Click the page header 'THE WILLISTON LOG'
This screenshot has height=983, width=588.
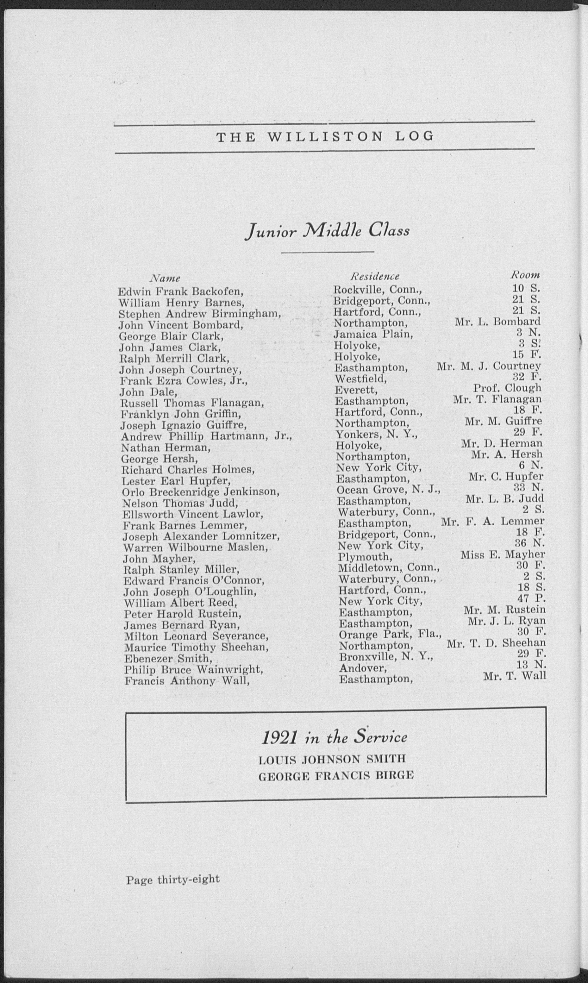[x=325, y=137]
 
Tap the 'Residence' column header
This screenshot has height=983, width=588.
[x=375, y=276]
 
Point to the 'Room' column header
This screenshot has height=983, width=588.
[x=525, y=275]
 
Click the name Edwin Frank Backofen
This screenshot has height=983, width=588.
[x=180, y=292]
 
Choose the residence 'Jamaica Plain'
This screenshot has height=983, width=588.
[x=373, y=335]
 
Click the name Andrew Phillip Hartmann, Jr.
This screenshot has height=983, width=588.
[x=206, y=437]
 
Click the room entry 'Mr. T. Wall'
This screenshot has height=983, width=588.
[x=514, y=676]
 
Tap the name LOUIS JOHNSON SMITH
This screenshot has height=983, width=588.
[x=332, y=759]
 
